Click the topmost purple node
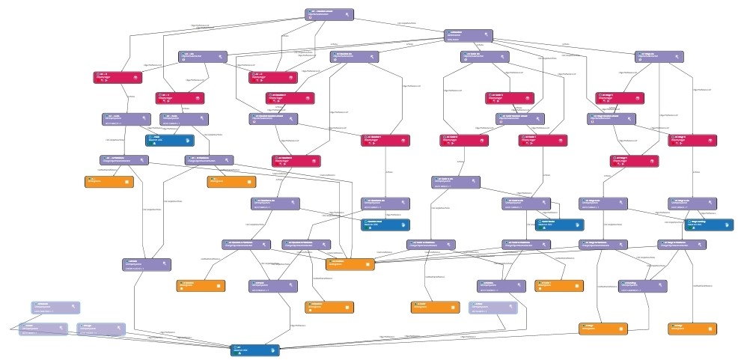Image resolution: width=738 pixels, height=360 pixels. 330,14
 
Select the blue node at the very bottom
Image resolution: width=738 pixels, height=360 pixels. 254,350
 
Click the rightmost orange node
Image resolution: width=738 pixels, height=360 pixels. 692,329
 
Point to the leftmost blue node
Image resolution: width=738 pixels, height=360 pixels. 169,139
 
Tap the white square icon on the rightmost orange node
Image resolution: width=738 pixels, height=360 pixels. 712,329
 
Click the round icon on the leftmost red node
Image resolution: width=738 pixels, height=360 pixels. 136,76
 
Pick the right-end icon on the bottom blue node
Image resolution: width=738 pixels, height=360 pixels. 274,350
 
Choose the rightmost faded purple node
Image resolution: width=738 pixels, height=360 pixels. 493,308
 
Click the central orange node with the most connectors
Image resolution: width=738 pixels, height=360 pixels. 350,263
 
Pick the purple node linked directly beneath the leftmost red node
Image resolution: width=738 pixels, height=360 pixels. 126,118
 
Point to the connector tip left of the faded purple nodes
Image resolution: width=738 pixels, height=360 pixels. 10,329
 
